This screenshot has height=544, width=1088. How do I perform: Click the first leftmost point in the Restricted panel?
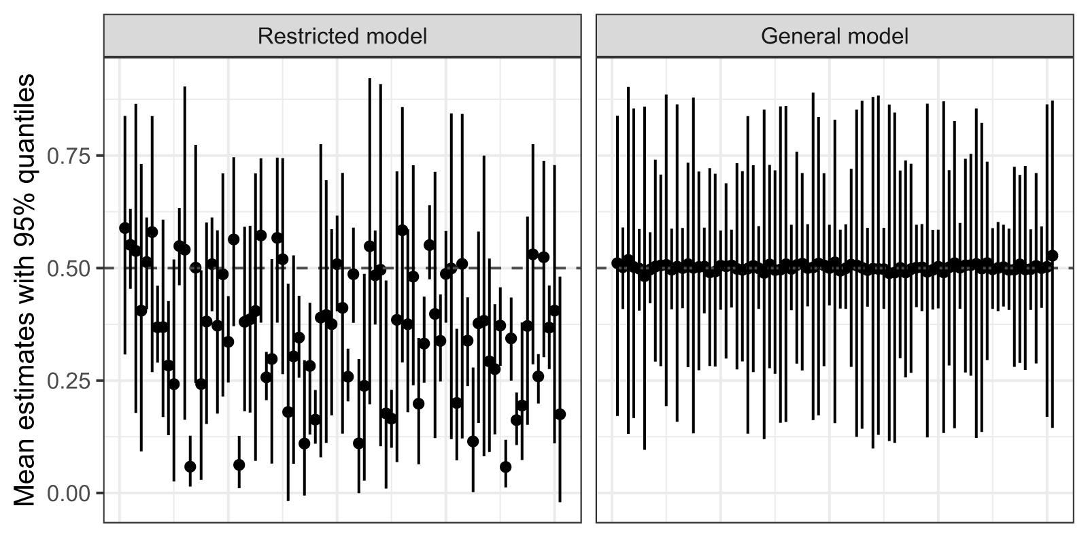(124, 228)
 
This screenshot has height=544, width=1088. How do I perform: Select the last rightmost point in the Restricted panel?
(560, 414)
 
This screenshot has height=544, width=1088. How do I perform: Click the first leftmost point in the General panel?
(617, 262)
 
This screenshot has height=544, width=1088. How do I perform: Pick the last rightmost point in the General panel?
(1053, 256)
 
